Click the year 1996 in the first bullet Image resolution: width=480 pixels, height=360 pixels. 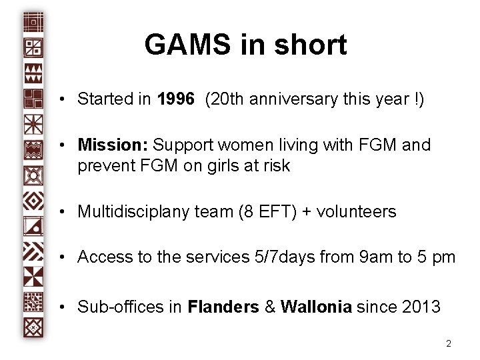(176, 99)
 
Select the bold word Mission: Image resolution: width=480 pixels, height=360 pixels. (113, 145)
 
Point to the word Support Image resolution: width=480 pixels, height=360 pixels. (186, 145)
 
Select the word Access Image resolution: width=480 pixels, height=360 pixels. (104, 257)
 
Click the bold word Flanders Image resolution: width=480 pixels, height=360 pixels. (223, 307)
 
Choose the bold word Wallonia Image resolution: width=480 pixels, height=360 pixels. (317, 307)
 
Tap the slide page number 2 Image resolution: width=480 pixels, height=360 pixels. (449, 344)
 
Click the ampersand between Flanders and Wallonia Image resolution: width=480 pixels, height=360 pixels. (270, 307)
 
